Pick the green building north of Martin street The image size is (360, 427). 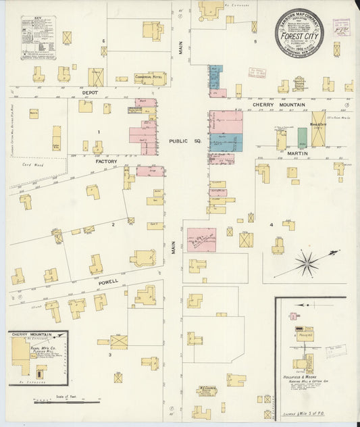(x=302, y=138)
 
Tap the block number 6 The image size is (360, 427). (x=103, y=41)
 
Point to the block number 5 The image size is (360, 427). (x=255, y=42)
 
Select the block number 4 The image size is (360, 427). (x=272, y=224)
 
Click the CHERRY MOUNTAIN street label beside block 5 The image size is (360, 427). (x=279, y=105)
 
